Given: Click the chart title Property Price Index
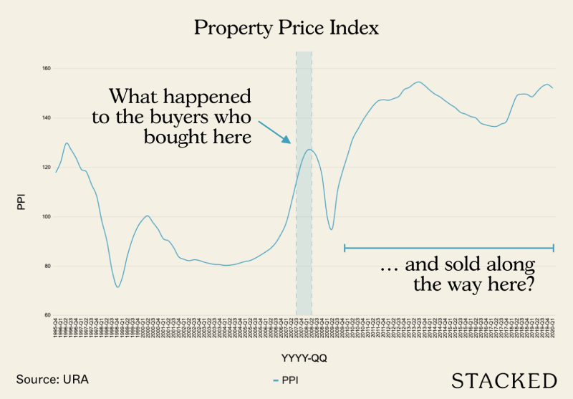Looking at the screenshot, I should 286,29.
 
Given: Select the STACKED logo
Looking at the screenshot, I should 504,380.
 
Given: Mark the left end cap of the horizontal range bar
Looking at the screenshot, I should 345,248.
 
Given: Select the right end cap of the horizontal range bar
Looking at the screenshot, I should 554,248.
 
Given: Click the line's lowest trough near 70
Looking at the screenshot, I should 117,287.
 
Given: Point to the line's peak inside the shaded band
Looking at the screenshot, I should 308,149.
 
